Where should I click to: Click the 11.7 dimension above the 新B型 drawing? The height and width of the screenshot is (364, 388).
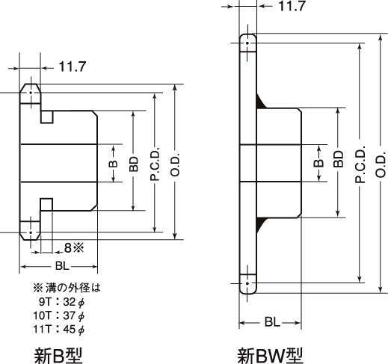pos(73,67)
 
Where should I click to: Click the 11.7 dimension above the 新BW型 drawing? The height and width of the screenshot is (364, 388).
pos(292,6)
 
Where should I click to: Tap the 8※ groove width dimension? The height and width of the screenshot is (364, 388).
pos(74,247)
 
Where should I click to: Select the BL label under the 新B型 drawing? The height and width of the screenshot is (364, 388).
pos(62,266)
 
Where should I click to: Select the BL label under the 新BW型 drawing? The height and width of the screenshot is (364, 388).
pos(272,322)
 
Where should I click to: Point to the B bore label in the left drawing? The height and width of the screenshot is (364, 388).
pos(113,164)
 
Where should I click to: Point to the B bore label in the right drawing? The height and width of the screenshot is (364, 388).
pos(318,163)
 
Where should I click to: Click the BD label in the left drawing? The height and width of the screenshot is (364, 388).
pos(134,164)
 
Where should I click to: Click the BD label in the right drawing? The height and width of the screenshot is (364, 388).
pos(338,159)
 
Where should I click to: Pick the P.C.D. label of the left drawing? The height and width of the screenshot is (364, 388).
pos(155,164)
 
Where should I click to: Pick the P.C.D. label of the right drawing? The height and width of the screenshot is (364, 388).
pos(360,164)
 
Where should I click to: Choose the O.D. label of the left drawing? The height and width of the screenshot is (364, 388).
pos(175,164)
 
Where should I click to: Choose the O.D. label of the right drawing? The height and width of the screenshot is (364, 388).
pos(381,164)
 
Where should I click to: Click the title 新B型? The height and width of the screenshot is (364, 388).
pos(58,356)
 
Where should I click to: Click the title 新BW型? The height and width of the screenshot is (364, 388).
pos(270,356)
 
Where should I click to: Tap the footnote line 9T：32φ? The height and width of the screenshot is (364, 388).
pos(61,302)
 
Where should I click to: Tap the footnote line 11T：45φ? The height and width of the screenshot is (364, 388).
pos(59,330)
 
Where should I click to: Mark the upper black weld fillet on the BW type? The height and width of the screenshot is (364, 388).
pos(261,102)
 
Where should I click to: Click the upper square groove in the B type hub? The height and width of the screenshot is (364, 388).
pos(47,117)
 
